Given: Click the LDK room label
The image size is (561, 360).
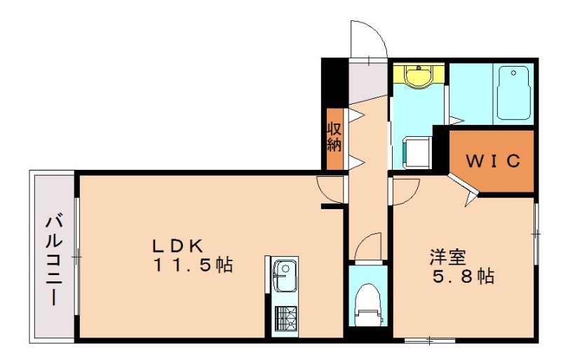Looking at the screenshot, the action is [x=178, y=246].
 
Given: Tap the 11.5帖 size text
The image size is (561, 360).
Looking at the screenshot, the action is [x=194, y=265].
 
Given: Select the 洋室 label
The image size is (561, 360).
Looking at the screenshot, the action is [x=448, y=258].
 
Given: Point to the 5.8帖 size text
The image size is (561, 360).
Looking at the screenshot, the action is [x=464, y=276].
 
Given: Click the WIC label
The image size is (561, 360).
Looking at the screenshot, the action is [x=492, y=161].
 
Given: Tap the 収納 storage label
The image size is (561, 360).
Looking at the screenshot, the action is [x=334, y=138].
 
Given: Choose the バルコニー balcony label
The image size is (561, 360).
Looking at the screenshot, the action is [x=54, y=259].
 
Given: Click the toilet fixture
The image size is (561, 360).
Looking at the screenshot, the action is [x=368, y=305].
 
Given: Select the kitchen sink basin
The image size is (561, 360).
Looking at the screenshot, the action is [x=285, y=276].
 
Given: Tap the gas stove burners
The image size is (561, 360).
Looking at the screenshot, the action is [x=286, y=319].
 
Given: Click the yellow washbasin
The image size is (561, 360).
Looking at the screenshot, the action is [x=418, y=75].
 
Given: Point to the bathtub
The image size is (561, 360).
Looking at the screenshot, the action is [x=513, y=93].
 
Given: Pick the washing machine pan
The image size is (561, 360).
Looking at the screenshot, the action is [x=417, y=152].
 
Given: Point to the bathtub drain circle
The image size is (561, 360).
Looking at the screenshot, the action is [x=514, y=73].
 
